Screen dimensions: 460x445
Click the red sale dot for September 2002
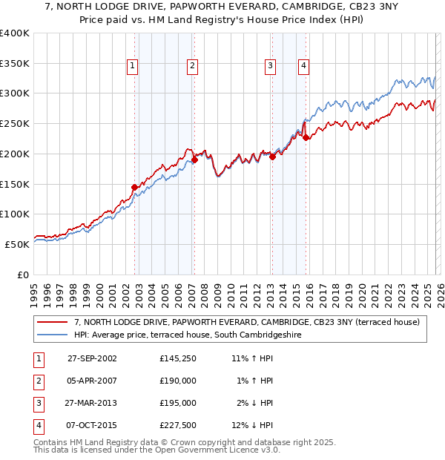135,187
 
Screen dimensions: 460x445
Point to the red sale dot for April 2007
194,160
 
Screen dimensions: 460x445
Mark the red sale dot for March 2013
272,157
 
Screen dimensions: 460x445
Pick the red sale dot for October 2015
306,137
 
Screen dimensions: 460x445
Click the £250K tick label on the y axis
15,123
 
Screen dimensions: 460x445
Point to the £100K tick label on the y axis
15,214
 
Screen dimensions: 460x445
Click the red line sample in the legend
53,322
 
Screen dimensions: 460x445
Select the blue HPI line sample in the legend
53,335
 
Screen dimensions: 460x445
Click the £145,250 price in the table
177,358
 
